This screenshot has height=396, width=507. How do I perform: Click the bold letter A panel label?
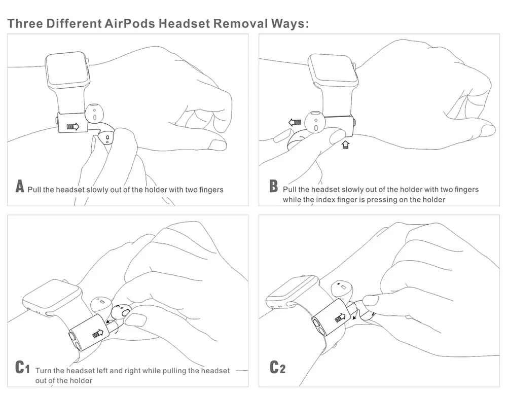[20, 186]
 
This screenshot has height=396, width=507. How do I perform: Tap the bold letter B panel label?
[273, 186]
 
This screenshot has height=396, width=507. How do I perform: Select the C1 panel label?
[22, 367]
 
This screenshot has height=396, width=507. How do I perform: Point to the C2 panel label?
[277, 367]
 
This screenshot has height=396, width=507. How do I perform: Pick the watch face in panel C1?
[51, 296]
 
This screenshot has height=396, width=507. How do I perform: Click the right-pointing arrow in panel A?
[73, 126]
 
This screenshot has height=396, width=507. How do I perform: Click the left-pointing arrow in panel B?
[295, 122]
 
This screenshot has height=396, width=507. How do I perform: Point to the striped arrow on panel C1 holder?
[98, 333]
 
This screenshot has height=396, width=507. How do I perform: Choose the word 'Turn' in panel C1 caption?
[43, 371]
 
